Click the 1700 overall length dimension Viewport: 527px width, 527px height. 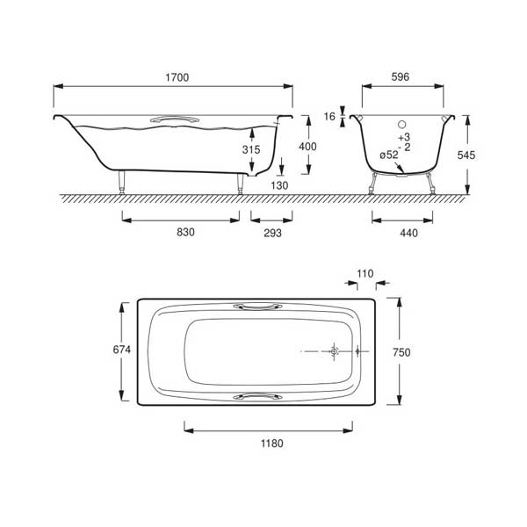click(177, 77)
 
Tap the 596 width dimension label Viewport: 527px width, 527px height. click(401, 77)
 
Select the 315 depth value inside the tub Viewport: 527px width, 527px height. click(251, 149)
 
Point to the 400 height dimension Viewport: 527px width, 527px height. click(307, 147)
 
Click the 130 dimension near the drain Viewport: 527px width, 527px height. click(279, 185)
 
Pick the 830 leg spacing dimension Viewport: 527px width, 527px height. click(185, 232)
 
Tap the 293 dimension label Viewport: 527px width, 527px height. click(272, 233)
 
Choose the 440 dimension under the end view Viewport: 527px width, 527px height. click(408, 233)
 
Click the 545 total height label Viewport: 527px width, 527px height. click(466, 155)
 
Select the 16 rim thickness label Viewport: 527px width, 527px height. click(329, 117)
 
